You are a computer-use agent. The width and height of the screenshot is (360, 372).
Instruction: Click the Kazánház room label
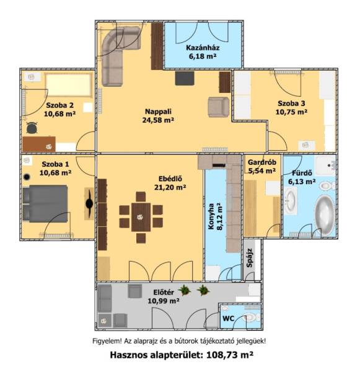203,48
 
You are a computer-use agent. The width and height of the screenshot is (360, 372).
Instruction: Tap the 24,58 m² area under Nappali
158,120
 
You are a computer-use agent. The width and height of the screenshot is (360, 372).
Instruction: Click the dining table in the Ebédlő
141,217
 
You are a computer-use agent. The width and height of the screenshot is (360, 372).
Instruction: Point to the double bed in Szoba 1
45,204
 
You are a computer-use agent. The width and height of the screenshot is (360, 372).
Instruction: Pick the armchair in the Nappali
219,107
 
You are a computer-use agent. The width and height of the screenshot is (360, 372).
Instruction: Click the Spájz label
249,258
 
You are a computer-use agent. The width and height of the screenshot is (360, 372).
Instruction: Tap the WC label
229,319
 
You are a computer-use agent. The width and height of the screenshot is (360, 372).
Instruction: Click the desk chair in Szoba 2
32,128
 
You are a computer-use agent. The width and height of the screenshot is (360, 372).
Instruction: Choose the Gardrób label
262,162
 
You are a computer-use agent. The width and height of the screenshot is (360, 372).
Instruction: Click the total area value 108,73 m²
230,355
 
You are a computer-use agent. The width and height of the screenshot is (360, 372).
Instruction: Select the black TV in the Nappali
185,78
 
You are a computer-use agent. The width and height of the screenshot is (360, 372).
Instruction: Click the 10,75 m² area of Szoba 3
291,112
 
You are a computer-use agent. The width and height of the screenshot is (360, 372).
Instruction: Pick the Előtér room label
164,292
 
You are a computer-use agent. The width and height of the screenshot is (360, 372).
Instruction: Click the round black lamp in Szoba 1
27,177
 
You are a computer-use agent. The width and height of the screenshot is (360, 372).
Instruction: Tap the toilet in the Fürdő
327,185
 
